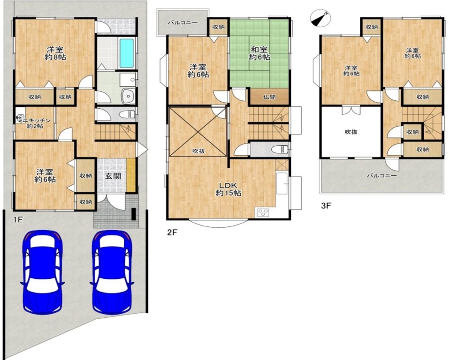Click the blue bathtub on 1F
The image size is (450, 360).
click(x=126, y=53)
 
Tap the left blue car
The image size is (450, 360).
click(x=43, y=272)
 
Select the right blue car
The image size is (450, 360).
click(x=112, y=272)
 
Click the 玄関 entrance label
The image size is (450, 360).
click(x=112, y=176)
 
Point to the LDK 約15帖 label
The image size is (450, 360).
click(x=229, y=189)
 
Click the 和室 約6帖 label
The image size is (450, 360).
click(x=259, y=53)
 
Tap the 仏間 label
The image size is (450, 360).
click(x=269, y=97)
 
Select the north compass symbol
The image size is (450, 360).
click(x=320, y=18)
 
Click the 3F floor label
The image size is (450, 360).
click(x=326, y=206)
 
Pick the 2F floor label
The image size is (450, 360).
click(x=172, y=232)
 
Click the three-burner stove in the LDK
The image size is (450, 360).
click(x=263, y=212)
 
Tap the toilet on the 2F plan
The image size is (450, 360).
click(x=280, y=149)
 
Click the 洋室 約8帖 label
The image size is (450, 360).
click(x=55, y=53)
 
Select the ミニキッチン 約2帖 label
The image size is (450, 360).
click(x=35, y=123)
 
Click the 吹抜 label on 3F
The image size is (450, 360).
click(x=351, y=132)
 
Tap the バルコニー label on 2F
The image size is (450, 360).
click(x=183, y=23)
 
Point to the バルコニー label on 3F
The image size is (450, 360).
click(x=382, y=175)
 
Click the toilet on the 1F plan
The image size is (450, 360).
click(x=127, y=114)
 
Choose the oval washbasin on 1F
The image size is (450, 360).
click(x=127, y=96)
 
